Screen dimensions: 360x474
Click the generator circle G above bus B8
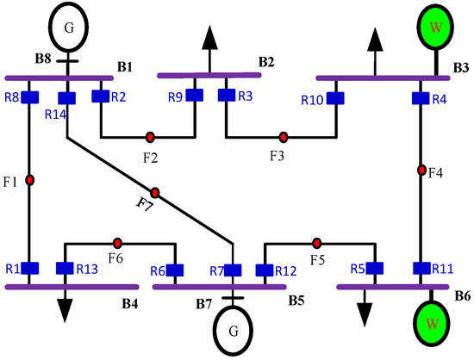pos(67,27)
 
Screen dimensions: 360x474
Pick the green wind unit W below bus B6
pos(423,330)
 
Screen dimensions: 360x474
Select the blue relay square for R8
pos(29,96)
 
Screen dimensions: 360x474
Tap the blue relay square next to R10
pos(334,100)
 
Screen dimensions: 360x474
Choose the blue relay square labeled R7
pos(231,270)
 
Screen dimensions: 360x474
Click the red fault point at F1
pos(29,180)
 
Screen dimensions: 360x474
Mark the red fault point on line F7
pos(155,191)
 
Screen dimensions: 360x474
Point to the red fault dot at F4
pos(422,170)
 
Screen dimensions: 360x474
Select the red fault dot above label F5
pos(317,242)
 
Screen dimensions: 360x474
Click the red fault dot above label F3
pos(284,136)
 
